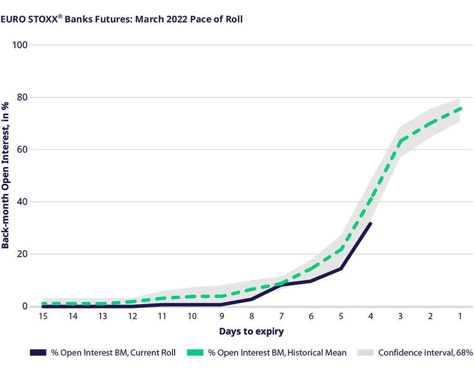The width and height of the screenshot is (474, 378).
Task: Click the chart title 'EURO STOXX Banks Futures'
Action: (122, 19)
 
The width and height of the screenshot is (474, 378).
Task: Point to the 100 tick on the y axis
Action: (21, 45)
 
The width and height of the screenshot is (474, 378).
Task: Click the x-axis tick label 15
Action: (43, 316)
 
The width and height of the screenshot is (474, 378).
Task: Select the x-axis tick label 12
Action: (132, 316)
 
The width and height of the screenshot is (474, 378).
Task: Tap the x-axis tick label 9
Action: (222, 316)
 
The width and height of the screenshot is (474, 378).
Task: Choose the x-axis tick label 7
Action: (281, 316)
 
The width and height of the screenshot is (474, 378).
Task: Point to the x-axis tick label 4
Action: (370, 316)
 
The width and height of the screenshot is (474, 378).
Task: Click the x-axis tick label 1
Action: (460, 316)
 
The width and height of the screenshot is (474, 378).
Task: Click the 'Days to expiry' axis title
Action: (251, 332)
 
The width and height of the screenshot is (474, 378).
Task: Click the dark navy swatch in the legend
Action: (40, 353)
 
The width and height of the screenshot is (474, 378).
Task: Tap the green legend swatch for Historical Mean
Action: (195, 353)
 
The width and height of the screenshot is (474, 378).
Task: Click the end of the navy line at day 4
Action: (370, 223)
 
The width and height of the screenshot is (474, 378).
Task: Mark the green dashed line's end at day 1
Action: (461, 108)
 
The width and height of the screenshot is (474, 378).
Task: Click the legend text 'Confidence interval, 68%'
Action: (425, 353)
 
